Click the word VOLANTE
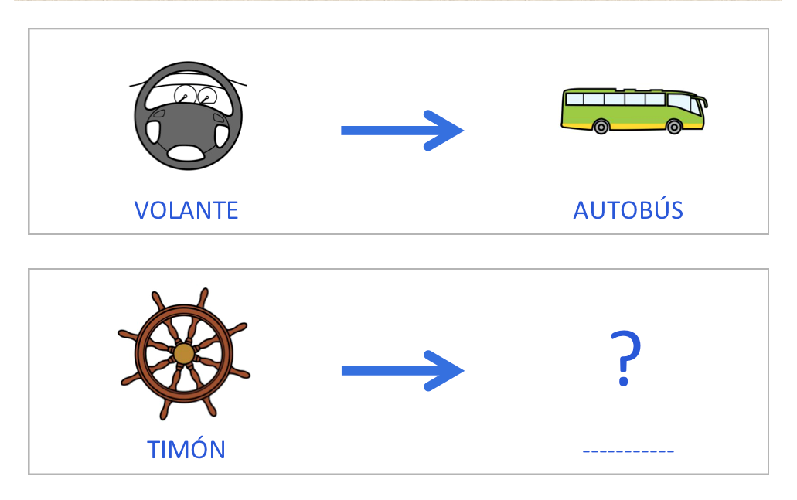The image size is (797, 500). coord(186,210)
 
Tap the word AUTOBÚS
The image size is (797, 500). coord(628,210)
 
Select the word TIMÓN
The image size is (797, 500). coord(186,450)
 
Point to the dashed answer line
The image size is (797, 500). coord(628,451)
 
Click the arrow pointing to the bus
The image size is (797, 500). coord(402,130)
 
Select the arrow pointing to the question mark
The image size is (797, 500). coord(402,371)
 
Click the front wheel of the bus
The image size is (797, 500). coord(674,126)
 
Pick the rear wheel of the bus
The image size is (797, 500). coord(601,126)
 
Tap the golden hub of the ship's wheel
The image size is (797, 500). coord(184,353)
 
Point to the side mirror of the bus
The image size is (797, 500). coord(705,102)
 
